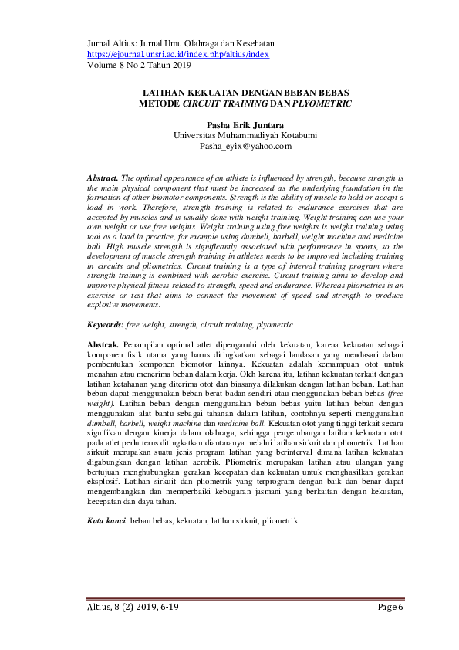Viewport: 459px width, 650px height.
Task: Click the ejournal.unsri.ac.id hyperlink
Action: (x=177, y=55)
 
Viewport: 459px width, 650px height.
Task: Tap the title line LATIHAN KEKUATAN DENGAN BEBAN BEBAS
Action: (x=244, y=92)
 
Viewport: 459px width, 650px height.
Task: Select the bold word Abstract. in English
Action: (x=103, y=178)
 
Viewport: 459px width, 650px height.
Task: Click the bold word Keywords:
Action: (x=105, y=327)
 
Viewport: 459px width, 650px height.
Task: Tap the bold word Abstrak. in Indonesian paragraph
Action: (x=103, y=343)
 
